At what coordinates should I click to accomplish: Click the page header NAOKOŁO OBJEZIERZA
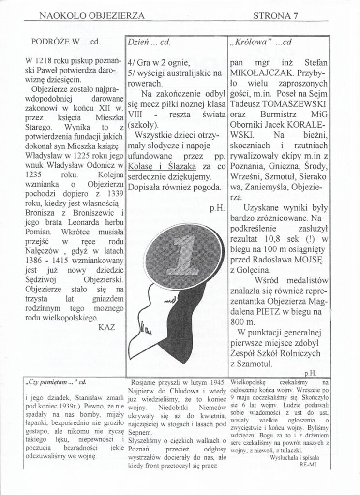pos(91,15)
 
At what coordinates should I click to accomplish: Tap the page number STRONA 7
pos(277,15)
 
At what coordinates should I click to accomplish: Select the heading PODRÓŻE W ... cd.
pos(65,41)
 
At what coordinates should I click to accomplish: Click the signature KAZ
pos(106,327)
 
